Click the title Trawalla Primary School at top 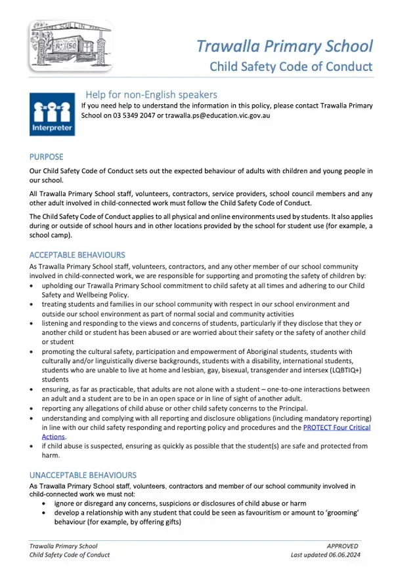click(284, 46)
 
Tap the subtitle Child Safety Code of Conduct click(290, 66)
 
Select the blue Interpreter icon click(52, 114)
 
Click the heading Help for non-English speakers click(151, 94)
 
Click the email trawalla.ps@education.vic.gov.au click(217, 115)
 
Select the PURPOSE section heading click(47, 157)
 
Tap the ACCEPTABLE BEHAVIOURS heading click(77, 254)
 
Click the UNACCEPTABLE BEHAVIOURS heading click(83, 474)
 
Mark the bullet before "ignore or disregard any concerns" click(44, 504)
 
